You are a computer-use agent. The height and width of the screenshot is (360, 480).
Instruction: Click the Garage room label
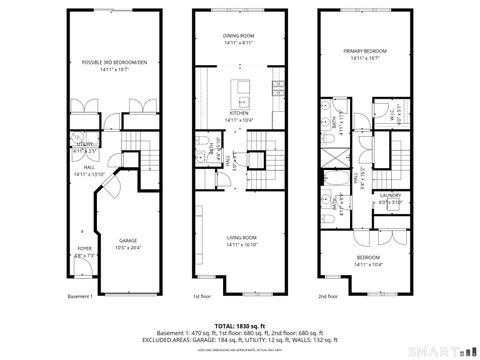[129, 241]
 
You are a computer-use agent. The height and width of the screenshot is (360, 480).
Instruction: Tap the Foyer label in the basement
[85, 249]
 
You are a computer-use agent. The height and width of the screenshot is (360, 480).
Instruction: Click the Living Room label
[239, 238]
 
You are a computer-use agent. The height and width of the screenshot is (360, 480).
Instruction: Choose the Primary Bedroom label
[365, 51]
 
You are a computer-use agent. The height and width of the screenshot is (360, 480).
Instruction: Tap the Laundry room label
[390, 195]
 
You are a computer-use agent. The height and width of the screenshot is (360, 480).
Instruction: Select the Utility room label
[87, 144]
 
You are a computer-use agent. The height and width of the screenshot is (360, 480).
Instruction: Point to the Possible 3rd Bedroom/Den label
[114, 62]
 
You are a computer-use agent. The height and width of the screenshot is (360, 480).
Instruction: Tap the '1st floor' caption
[201, 296]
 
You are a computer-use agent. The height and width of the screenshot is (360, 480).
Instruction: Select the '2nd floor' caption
[329, 296]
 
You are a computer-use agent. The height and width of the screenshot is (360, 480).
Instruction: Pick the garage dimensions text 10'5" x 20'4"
[129, 247]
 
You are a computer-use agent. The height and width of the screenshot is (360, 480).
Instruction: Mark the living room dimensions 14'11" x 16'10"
[239, 245]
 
